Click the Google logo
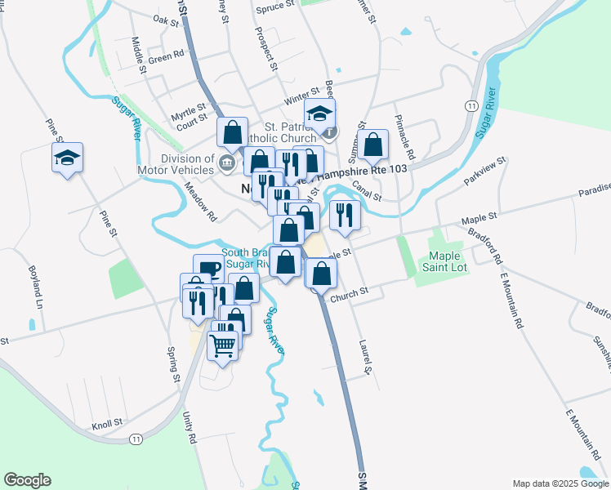(x=27, y=480)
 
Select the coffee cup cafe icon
(x=208, y=269)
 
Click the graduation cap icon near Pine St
(x=67, y=158)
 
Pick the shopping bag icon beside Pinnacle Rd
(x=372, y=145)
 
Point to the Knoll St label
(x=107, y=424)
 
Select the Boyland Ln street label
(x=34, y=285)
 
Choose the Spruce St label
(x=274, y=6)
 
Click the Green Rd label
(x=166, y=58)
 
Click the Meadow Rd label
(x=199, y=200)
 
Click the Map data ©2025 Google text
(x=559, y=483)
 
